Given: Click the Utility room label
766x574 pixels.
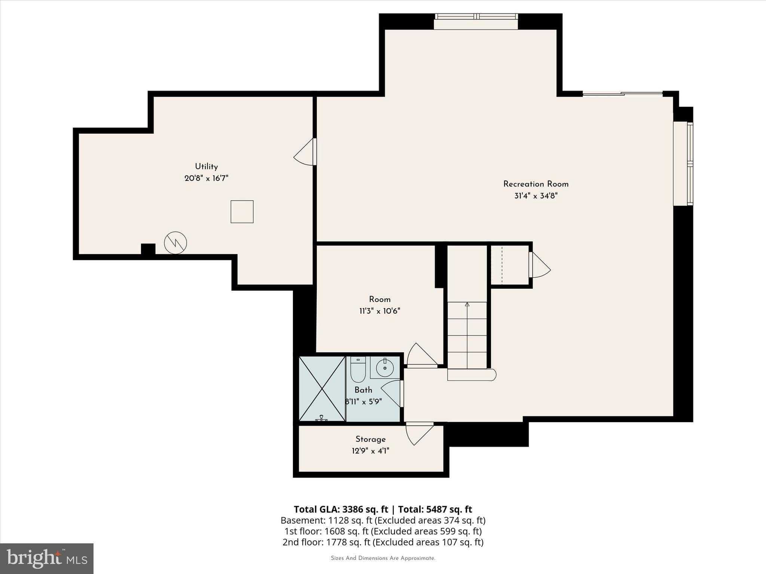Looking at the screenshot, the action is (x=206, y=167).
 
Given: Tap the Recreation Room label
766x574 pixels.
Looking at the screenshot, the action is (x=536, y=184).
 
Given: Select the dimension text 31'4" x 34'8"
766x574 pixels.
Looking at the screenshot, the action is (x=536, y=196).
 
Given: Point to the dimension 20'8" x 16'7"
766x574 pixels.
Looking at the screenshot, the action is (x=206, y=178).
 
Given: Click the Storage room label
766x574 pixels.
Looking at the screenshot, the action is (x=370, y=439).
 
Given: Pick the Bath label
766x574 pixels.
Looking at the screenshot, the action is (x=363, y=390).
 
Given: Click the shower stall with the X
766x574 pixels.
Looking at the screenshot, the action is (x=322, y=389).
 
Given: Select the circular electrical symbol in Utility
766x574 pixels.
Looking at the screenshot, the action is (x=175, y=243).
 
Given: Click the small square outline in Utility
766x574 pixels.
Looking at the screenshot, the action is (x=242, y=212).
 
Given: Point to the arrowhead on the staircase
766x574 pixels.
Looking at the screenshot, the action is (x=467, y=305).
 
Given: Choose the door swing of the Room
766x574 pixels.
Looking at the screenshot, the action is (x=422, y=355).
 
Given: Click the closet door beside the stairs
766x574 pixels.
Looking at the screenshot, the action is (x=539, y=265).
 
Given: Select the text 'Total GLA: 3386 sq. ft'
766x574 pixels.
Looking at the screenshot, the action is (x=341, y=509).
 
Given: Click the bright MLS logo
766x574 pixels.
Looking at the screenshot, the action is (x=47, y=558).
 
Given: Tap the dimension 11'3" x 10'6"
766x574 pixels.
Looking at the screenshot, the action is (x=380, y=311).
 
